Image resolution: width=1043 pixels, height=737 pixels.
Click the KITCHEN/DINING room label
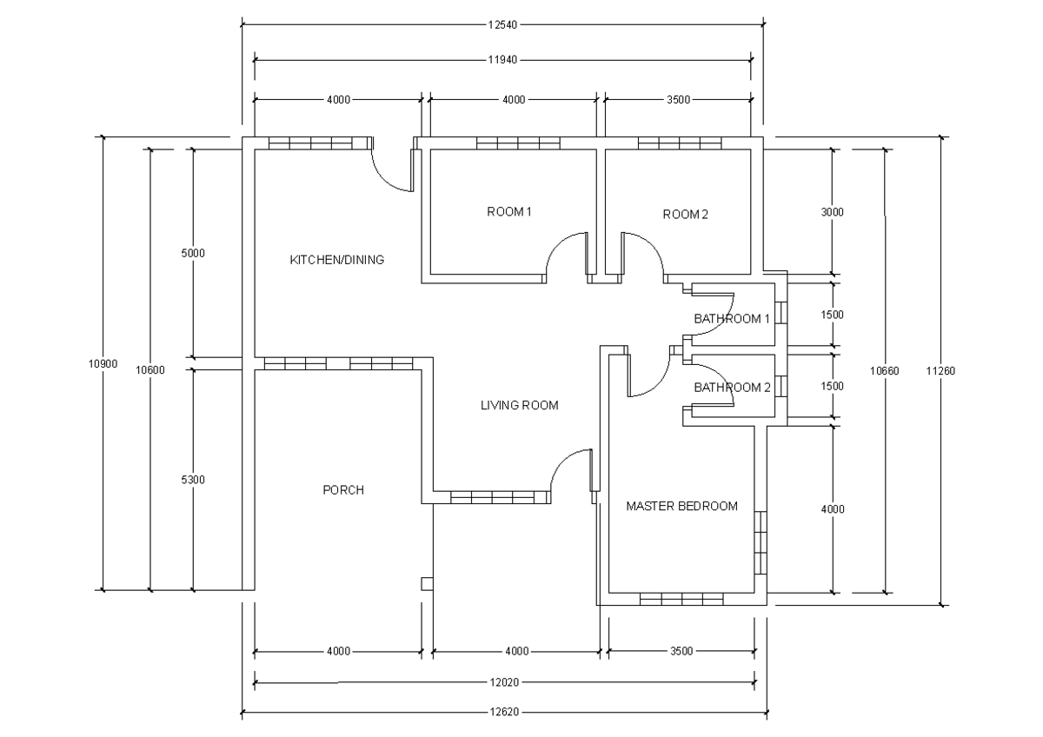336,260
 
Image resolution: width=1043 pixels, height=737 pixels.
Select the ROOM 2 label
686,215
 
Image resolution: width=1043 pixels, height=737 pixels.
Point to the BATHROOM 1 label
732,319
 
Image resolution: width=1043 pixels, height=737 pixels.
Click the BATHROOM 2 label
732,388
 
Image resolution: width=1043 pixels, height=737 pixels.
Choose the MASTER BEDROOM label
681,506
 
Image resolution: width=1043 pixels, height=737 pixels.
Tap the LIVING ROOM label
519,405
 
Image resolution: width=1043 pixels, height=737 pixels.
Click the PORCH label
343,490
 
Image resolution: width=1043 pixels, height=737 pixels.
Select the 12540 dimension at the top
502,25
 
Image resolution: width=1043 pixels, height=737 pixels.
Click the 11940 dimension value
502,61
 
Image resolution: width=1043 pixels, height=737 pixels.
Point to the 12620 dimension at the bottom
503,713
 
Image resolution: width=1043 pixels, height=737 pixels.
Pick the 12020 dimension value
503,682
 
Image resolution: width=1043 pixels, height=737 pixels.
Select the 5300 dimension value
193,479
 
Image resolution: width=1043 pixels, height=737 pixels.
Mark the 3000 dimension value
833,212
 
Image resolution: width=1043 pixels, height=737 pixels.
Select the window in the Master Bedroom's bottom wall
681,599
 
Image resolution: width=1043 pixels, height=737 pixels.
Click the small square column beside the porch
426,583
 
